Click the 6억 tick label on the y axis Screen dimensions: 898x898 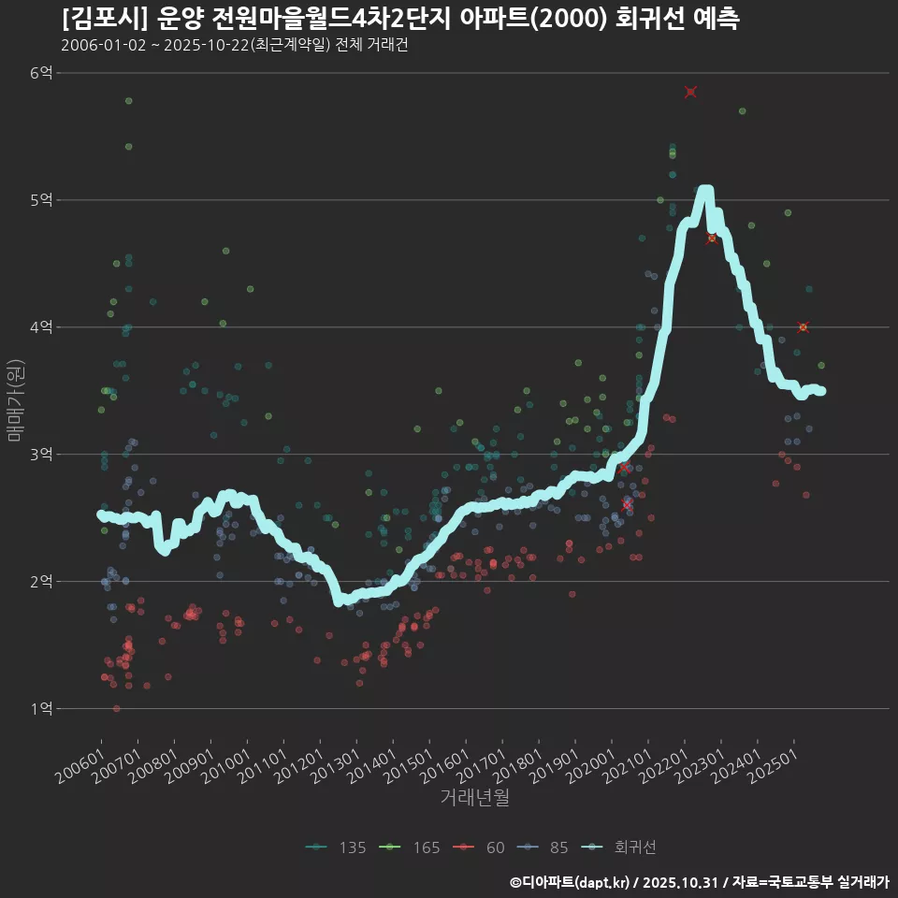tap(42, 73)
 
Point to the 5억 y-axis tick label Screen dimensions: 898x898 tap(42, 200)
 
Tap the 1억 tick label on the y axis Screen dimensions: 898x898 tap(42, 709)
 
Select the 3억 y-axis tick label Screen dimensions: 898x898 tap(42, 455)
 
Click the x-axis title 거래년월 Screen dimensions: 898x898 tap(475, 798)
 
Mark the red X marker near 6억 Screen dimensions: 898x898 tap(690, 92)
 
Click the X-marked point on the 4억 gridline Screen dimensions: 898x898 tap(803, 327)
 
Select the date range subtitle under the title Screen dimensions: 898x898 tap(234, 45)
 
